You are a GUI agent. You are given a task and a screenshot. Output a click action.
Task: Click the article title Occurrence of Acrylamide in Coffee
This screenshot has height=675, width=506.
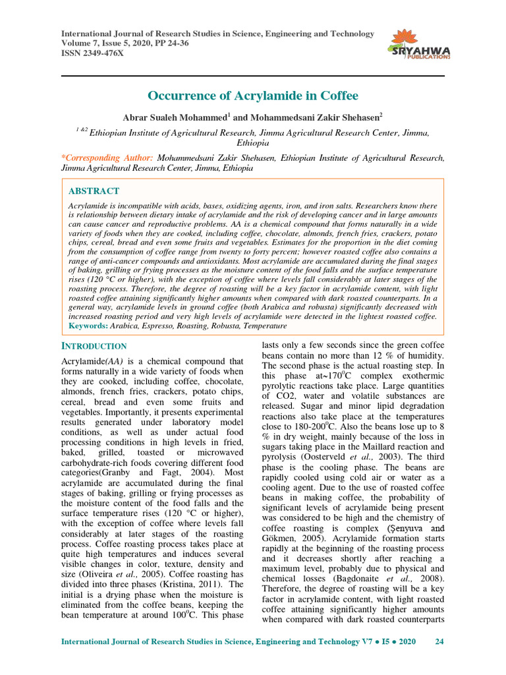[x=253, y=96]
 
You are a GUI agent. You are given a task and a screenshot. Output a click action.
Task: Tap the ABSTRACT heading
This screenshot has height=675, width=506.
[x=94, y=191]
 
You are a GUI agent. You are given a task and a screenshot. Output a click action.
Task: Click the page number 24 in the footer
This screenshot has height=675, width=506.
[x=440, y=641]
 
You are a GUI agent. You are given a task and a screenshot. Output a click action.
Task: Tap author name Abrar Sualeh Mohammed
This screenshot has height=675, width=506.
[x=175, y=117]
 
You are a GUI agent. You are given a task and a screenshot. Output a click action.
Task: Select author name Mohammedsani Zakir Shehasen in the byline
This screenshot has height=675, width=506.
[x=316, y=117]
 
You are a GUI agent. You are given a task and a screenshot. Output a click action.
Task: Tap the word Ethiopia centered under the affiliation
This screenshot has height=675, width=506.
[x=253, y=143]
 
